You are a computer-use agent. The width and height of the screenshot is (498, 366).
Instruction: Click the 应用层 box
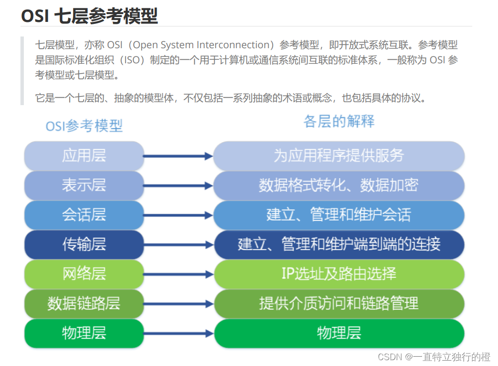84,156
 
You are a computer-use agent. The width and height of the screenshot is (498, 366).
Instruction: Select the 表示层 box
84,185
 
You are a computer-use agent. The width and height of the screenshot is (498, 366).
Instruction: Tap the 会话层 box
84,215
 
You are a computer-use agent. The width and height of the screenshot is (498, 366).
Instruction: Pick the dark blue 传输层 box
84,244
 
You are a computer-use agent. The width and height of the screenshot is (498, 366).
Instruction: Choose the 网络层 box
84,274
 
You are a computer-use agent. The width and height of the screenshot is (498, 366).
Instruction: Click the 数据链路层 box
84,303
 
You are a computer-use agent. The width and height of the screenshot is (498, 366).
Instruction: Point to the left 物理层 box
84,333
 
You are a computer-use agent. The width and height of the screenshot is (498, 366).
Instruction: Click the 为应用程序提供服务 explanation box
339,156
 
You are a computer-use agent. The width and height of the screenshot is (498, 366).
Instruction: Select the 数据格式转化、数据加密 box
339,185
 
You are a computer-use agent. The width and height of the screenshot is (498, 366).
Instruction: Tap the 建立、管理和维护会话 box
339,215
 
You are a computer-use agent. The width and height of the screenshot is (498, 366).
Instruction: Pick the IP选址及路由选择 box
339,274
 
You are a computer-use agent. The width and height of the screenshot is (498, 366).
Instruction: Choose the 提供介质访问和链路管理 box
339,303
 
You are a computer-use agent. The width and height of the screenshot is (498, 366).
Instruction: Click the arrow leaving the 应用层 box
178,156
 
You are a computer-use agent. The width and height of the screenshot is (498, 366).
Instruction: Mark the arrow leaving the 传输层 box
178,245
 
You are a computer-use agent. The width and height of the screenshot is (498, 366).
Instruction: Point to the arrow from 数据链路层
178,304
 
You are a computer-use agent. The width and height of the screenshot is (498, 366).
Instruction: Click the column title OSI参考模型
84,126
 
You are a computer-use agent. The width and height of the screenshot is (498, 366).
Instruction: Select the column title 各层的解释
339,121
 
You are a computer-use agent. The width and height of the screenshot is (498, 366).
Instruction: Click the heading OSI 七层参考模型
89,16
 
